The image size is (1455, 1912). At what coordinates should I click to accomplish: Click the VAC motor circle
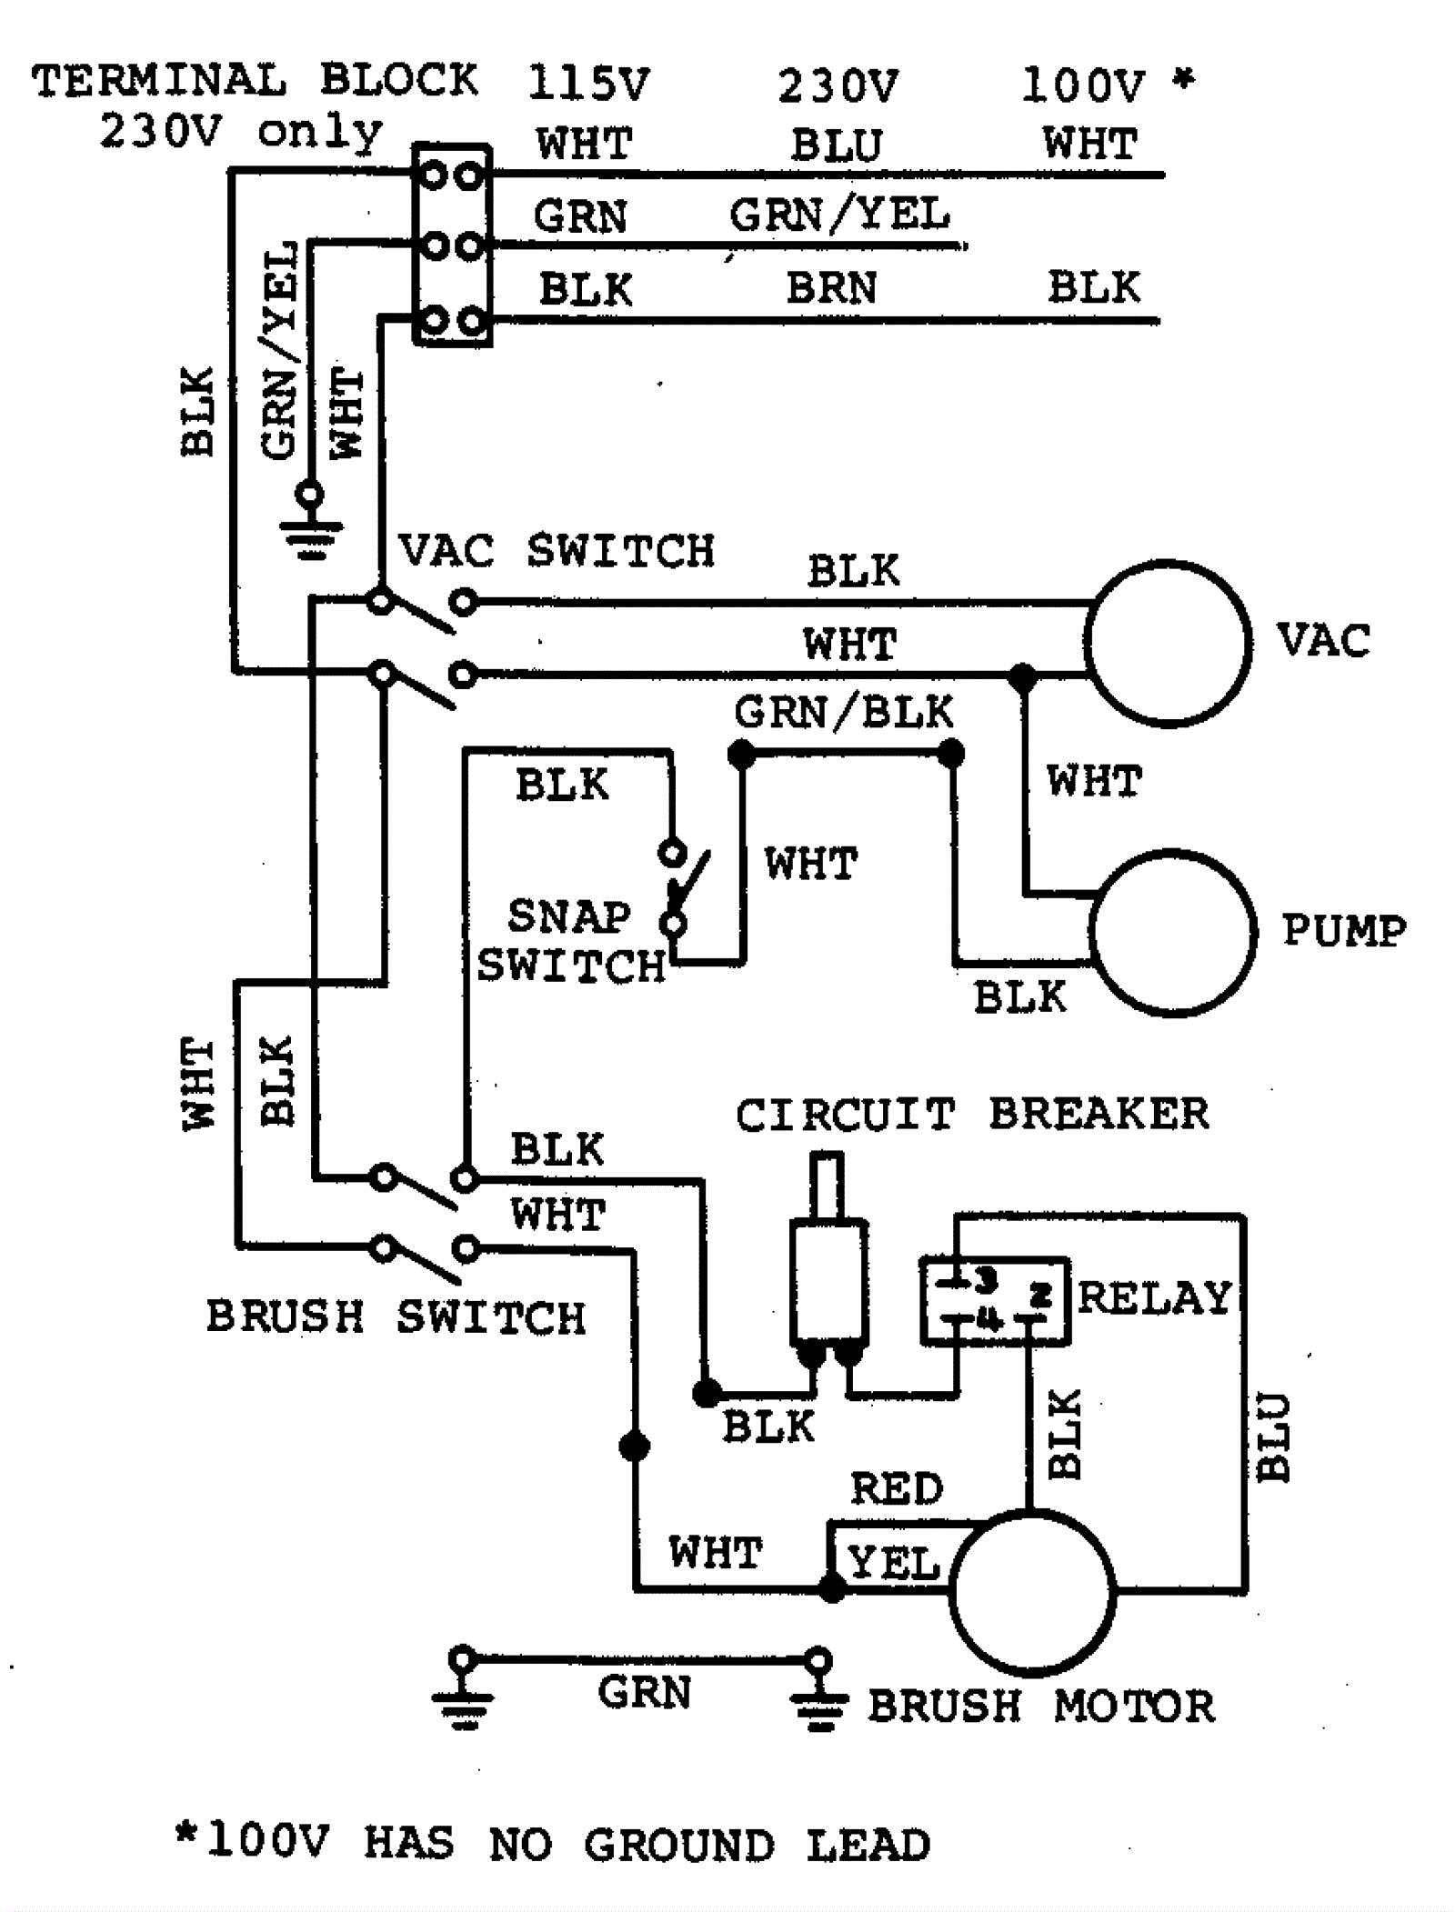1167,643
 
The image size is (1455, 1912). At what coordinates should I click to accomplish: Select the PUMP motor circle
1172,932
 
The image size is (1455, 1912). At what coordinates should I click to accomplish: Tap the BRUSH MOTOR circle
1032,1591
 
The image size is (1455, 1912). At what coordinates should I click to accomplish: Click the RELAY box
994,1300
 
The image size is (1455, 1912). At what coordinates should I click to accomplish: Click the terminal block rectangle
452,245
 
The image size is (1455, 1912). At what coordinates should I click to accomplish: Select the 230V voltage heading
838,86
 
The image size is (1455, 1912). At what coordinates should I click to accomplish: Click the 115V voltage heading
588,84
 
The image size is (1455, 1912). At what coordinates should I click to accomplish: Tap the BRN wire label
831,288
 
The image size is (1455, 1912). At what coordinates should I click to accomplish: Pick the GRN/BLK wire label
844,712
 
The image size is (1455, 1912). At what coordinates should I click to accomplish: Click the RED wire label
897,1489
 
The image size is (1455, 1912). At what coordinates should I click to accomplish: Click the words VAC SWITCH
557,551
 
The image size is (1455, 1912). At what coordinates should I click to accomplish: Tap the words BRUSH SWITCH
396,1317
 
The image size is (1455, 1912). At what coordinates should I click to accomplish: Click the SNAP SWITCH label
570,941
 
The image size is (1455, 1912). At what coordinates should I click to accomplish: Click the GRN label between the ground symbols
644,1692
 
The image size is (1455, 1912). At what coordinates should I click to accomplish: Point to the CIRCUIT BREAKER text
972,1115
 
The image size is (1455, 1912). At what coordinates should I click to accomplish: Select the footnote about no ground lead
553,1845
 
